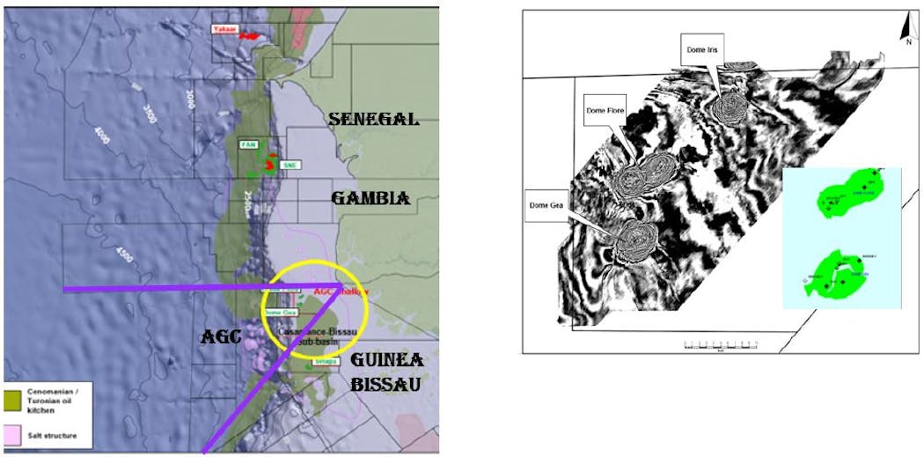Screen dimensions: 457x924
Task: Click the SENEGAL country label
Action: click(x=373, y=120)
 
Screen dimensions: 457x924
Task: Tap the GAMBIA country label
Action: click(x=370, y=199)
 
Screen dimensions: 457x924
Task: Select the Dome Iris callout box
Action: click(x=701, y=50)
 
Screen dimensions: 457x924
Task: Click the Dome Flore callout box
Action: click(x=604, y=111)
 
